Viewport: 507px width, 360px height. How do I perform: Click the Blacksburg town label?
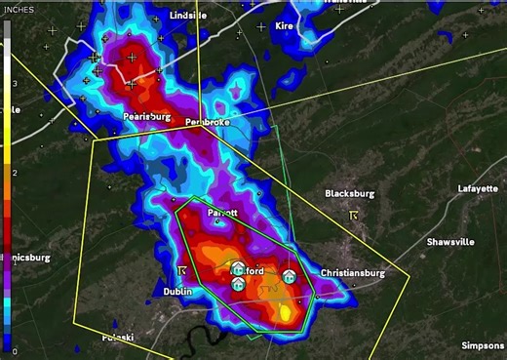coord(350,193)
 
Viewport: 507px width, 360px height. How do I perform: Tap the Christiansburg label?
coord(353,273)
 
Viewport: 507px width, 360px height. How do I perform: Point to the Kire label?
coord(285,25)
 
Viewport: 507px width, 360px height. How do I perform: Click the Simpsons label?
coord(483,345)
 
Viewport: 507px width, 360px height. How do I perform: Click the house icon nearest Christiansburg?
coord(290,277)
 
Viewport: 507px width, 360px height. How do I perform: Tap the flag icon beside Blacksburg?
coord(355,215)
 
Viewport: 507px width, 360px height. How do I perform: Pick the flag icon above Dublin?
coord(182,269)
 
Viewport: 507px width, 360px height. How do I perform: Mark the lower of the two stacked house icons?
coord(238,284)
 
